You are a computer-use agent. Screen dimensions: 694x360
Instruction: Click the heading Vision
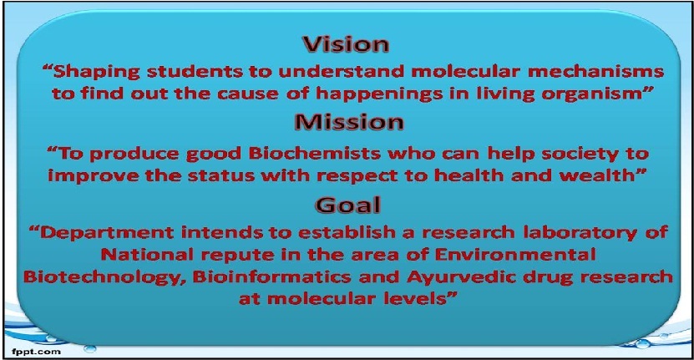[346, 44]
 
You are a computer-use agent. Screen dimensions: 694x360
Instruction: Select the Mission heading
[349, 122]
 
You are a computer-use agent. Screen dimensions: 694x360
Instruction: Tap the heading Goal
[347, 204]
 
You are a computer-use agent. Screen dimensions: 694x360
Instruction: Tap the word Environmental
[515, 255]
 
